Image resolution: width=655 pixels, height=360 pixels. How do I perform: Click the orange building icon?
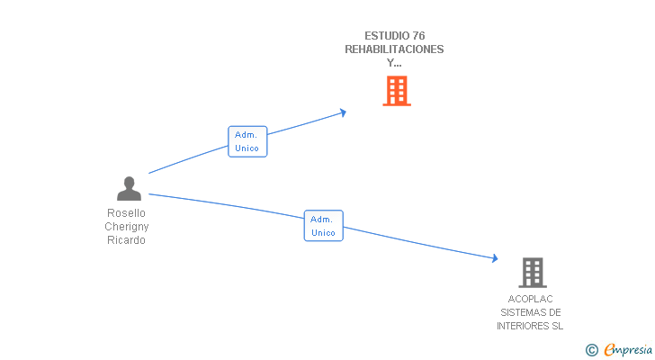pos(397,91)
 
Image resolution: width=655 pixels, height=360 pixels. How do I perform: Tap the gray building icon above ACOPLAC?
pos(533,273)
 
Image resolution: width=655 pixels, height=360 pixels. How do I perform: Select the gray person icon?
pos(129,188)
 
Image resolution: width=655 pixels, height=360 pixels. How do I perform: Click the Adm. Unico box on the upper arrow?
pos(247,141)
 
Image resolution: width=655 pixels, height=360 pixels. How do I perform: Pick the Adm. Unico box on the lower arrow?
pos(323,226)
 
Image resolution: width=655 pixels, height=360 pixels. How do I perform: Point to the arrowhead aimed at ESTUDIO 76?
pos(343,112)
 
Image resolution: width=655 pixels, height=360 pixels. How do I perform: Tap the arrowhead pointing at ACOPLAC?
pos(495,258)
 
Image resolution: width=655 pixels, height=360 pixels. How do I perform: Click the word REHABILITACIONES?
pos(394,49)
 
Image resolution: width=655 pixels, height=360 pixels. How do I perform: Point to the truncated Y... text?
pos(394,63)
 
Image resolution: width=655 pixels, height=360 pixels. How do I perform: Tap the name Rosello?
pos(126,213)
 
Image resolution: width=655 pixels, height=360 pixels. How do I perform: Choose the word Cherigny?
pos(127,227)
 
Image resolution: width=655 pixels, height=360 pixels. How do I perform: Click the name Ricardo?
pos(126,240)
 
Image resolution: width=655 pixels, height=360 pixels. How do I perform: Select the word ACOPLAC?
pos(530,299)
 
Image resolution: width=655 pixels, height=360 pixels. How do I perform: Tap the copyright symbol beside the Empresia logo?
pos(591,350)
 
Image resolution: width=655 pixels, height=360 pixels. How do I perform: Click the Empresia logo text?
pos(628,350)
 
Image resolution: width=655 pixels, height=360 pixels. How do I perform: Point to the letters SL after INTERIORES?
pos(558,326)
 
